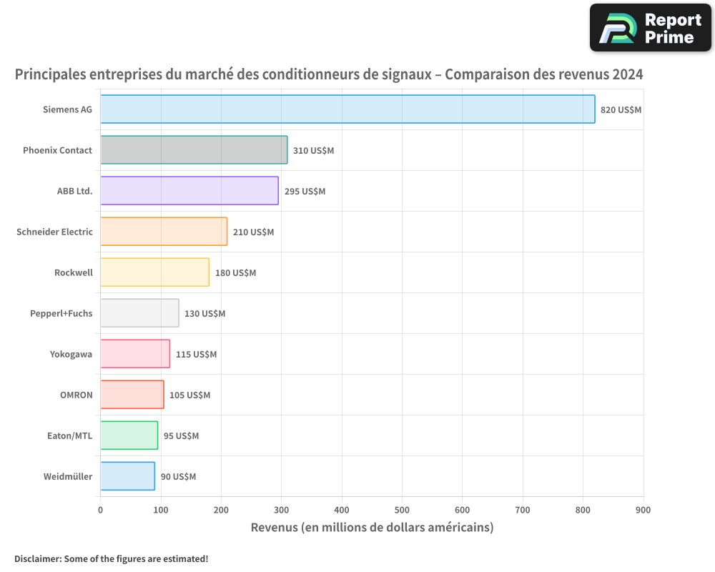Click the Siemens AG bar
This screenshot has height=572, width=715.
(347, 109)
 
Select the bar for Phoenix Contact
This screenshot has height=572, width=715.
(194, 150)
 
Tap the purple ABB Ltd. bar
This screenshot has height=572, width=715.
(189, 191)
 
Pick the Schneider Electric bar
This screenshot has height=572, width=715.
(164, 232)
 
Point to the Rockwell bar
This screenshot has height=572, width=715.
(154, 272)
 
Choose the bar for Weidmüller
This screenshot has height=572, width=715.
(127, 476)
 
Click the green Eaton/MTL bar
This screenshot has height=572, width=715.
(129, 435)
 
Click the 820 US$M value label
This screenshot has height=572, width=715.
(621, 110)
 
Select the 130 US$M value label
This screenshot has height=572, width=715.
(204, 314)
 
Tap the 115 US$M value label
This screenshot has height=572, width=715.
(196, 355)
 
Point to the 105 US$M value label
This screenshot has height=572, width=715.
(189, 395)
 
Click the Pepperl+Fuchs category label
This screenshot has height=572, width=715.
(61, 313)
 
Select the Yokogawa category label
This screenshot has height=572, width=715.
(71, 354)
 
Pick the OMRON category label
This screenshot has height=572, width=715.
(76, 395)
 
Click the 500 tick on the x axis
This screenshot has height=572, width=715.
(402, 510)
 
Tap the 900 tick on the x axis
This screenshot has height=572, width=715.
(643, 510)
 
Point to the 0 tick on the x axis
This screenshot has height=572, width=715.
(100, 510)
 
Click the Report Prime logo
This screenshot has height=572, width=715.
(650, 28)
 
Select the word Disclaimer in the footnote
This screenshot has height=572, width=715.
(37, 558)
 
